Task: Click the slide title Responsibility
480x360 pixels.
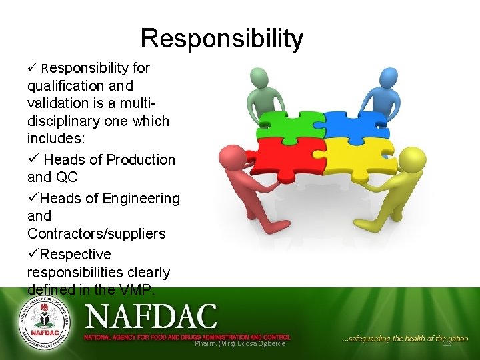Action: pos(221,39)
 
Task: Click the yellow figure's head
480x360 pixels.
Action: pos(414,159)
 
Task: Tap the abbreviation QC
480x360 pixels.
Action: pos(67,177)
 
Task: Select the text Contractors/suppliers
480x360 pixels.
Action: pos(96,234)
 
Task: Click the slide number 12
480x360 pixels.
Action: pos(447,343)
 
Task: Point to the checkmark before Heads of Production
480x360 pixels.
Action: pos(32,160)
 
